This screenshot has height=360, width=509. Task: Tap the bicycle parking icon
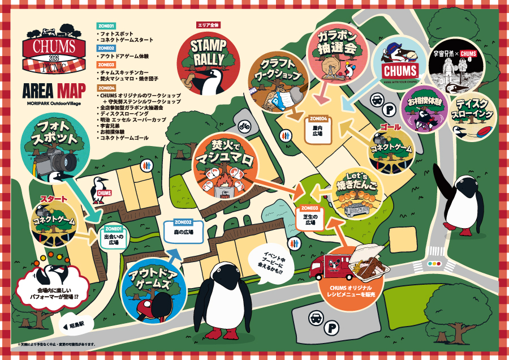point(245,125)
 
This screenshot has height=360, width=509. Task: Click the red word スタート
point(53,199)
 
